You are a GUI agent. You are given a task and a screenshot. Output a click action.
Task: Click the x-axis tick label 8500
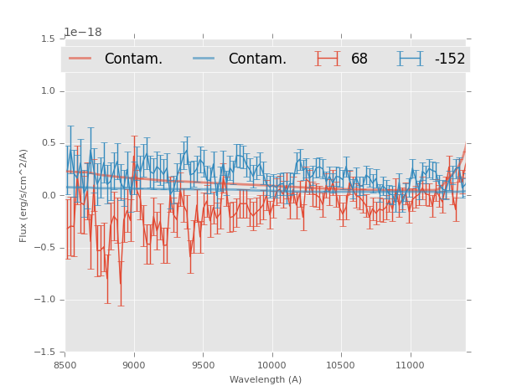click(x=65, y=365)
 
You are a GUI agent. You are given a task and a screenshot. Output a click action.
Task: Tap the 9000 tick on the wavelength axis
click(x=134, y=365)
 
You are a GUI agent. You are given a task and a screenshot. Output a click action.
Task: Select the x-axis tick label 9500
click(x=203, y=365)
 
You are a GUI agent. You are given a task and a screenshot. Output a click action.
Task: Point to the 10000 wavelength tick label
click(x=271, y=365)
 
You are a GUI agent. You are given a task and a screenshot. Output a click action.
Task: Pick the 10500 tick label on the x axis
click(x=341, y=365)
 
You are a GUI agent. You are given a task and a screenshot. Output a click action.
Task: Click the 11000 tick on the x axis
click(x=410, y=365)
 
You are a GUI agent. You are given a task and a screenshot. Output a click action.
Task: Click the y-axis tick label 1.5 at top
click(x=48, y=39)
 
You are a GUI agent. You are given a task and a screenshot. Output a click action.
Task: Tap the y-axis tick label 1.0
click(x=48, y=91)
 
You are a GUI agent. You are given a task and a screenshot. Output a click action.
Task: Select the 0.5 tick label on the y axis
click(x=48, y=143)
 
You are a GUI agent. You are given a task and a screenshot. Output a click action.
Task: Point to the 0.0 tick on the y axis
click(x=48, y=196)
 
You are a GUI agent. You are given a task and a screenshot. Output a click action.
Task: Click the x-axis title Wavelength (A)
click(x=266, y=379)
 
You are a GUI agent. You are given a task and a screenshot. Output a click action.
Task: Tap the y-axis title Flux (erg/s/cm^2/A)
click(x=24, y=195)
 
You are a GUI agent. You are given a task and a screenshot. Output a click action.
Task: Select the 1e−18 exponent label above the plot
click(x=83, y=33)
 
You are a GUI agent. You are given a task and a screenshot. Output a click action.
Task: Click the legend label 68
click(x=359, y=59)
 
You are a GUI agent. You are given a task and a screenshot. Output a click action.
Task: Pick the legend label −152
click(x=449, y=59)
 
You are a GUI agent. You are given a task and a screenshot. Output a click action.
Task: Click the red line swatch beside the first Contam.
click(x=80, y=59)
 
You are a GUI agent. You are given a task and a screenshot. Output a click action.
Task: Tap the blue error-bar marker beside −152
click(x=410, y=59)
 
